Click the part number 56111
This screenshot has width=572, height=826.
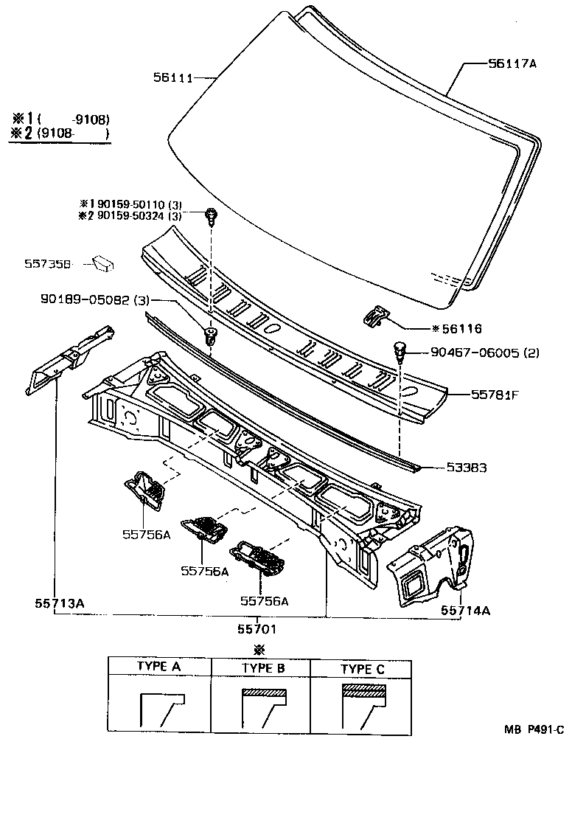coord(174,77)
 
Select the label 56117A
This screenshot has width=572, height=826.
coord(512,64)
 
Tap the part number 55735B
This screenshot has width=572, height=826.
coord(47,263)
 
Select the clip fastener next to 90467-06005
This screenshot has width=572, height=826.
coord(400,351)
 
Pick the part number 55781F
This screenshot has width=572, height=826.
coord(495,395)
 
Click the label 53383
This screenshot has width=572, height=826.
coord(466,467)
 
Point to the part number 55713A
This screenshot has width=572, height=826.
coord(59,603)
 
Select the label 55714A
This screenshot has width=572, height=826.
coord(466,610)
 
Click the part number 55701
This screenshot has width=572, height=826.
coord(257,628)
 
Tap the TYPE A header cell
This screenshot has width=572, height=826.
coord(159,666)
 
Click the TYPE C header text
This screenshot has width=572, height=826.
coord(363,669)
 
